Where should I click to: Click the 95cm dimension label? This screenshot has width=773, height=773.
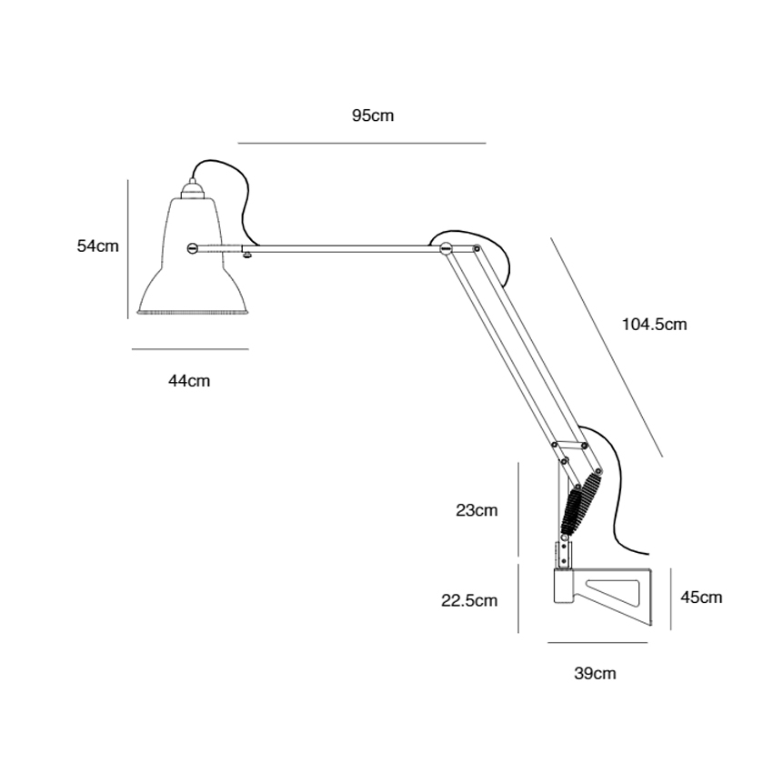point(373,115)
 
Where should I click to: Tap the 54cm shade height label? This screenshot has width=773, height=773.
point(97,246)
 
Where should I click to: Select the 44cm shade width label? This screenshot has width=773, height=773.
point(189,381)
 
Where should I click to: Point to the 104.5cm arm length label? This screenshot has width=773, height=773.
point(654,324)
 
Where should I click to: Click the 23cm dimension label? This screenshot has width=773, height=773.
point(477,510)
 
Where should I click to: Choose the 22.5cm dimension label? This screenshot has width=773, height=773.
point(470,600)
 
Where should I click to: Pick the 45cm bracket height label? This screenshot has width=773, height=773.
point(701,597)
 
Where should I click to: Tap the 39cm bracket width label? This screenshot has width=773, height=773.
point(596,673)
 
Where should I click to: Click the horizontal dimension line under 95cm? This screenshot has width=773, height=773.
point(362,143)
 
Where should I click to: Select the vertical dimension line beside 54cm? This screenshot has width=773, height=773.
point(127,248)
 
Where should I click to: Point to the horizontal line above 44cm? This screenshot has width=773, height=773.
point(190,349)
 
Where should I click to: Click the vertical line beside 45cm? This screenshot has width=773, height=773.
point(671,597)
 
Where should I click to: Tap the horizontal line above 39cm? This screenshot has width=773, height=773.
point(597,643)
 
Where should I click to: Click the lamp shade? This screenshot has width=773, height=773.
point(192,273)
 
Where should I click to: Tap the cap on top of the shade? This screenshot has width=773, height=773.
point(192,189)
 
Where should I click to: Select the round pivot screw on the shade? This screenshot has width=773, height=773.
point(192,246)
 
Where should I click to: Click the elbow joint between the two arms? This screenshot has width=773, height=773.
point(446,248)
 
